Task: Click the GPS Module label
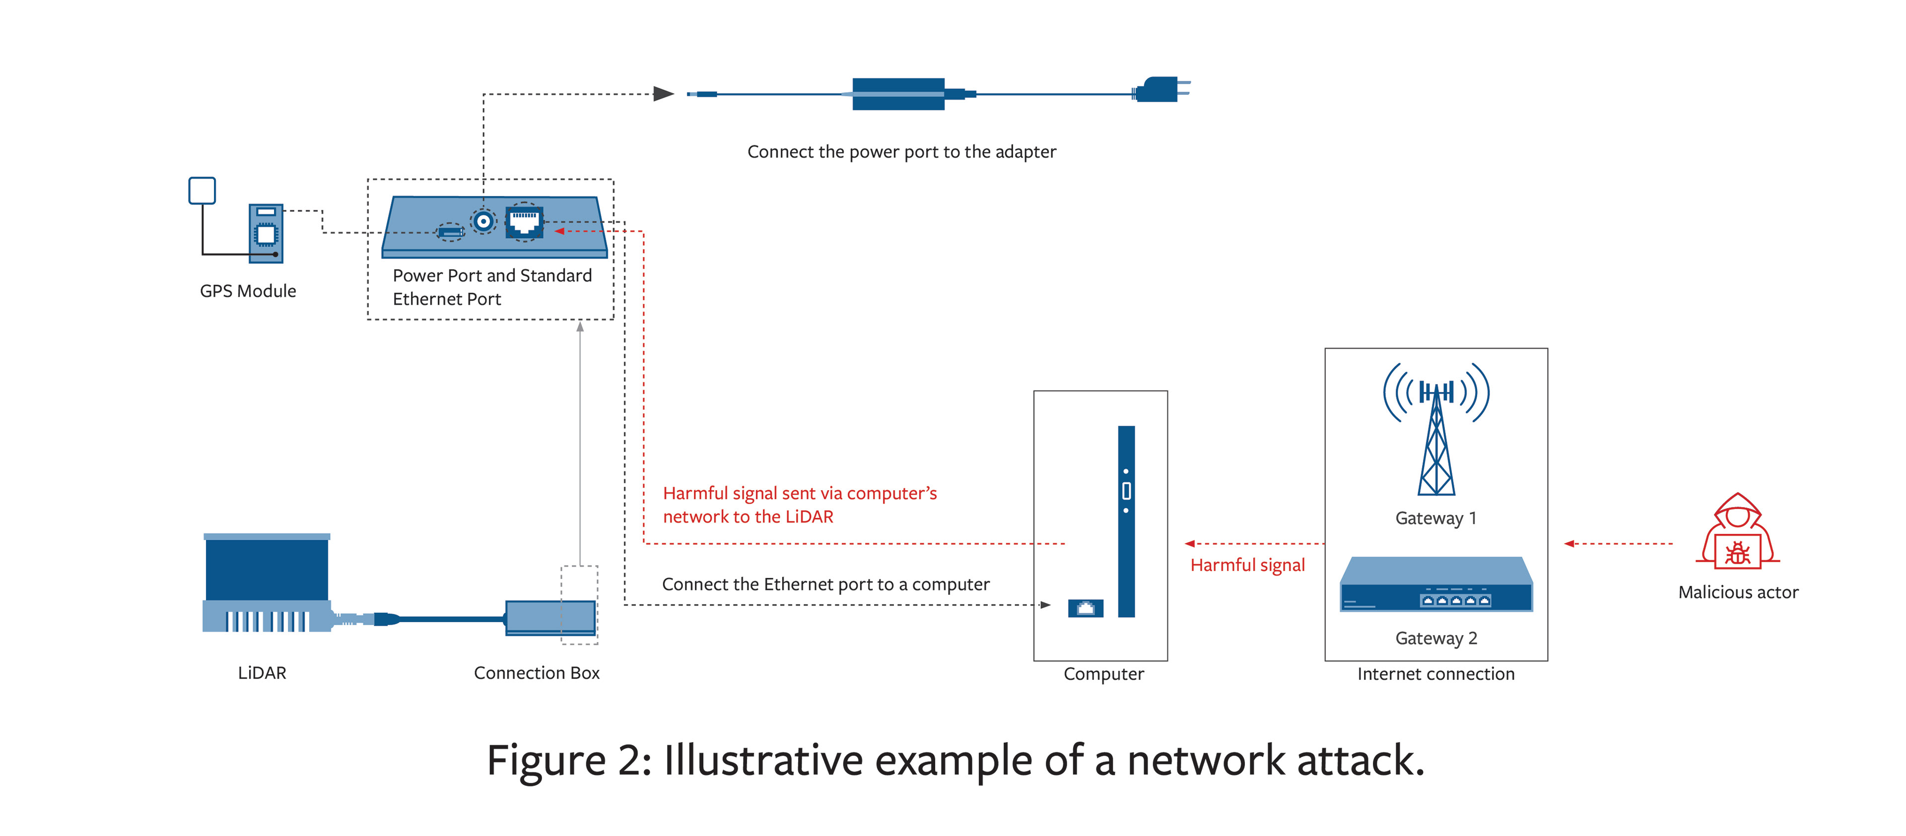248,291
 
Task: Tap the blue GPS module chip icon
266,233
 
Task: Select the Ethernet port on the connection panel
525,221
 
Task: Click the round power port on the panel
484,220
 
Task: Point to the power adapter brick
898,94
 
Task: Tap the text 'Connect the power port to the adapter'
901,152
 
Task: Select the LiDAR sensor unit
267,583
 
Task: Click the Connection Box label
537,672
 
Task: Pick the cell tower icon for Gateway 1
1436,429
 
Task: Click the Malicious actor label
1738,592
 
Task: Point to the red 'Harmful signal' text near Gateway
1247,565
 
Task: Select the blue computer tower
1126,521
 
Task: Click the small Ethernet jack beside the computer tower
1086,608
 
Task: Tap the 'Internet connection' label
1435,674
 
